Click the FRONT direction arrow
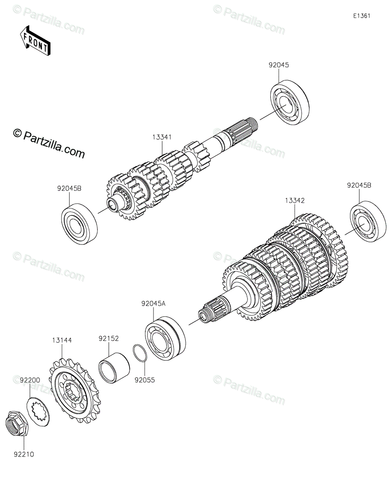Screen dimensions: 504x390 tap(35, 40)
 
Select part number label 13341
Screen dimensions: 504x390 tap(162, 137)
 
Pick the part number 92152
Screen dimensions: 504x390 tap(108, 338)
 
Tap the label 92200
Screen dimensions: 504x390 tap(30, 380)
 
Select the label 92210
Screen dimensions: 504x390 tap(24, 454)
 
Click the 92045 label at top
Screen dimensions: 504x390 tap(279, 65)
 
